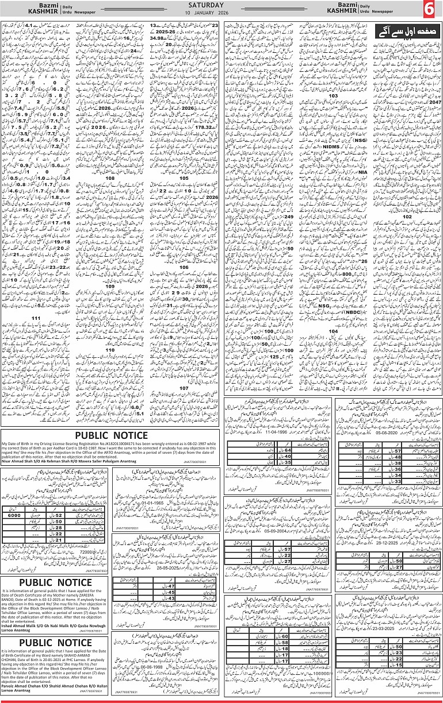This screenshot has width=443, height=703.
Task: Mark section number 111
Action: click(36, 318)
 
